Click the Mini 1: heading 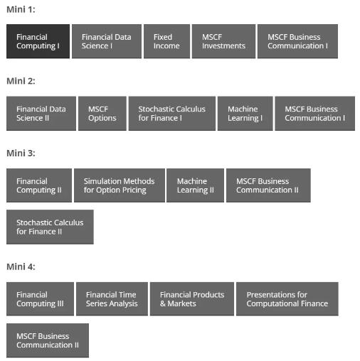[x=21, y=10]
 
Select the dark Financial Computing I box [x=38, y=41]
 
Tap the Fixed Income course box [x=166, y=41]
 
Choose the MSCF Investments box [x=223, y=41]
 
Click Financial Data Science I [x=107, y=41]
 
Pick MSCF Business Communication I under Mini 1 [x=297, y=41]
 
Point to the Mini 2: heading [x=21, y=81]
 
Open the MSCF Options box [x=102, y=114]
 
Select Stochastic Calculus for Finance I [x=172, y=114]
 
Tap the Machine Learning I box [x=245, y=114]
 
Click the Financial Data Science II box [x=41, y=114]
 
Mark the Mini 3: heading [x=21, y=153]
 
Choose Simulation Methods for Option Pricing [x=120, y=185]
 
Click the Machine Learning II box [x=195, y=185]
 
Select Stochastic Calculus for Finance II [x=50, y=227]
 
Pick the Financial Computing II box [x=39, y=185]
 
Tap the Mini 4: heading [x=21, y=267]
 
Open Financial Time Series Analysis [x=112, y=299]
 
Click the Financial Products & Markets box [x=192, y=299]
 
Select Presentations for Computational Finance [x=287, y=299]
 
